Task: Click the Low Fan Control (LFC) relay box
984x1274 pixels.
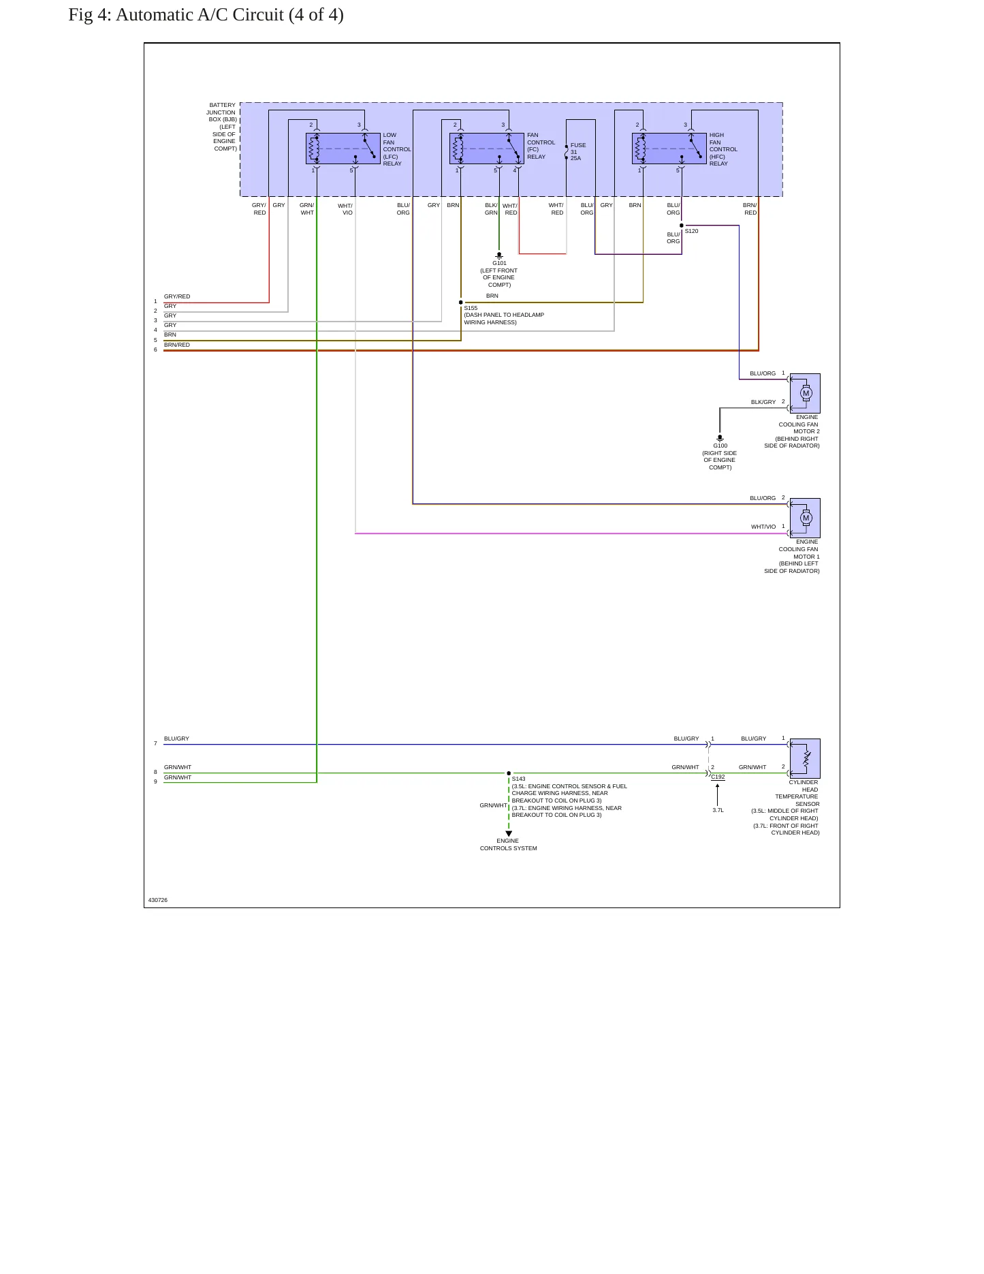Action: (x=343, y=149)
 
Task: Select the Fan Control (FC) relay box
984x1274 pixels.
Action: (x=487, y=149)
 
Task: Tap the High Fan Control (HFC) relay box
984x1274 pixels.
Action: (x=669, y=149)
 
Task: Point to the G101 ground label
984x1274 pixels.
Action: (x=499, y=263)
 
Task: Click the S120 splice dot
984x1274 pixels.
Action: (x=682, y=226)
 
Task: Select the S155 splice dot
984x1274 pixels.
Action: (x=461, y=302)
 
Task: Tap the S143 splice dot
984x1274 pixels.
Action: (x=509, y=773)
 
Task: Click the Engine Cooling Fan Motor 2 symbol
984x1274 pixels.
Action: (x=805, y=393)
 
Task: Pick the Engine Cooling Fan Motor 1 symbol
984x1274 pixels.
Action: (x=805, y=518)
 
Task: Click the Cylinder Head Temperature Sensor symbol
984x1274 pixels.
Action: (x=805, y=758)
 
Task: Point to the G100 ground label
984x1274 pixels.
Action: (x=720, y=446)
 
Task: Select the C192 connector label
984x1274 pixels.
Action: (x=718, y=777)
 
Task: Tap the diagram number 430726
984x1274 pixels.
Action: (x=158, y=900)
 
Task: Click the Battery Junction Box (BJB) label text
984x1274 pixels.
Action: (x=222, y=127)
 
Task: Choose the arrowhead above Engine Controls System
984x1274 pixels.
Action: (x=509, y=834)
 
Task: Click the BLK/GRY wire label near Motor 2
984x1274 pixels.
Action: (x=763, y=403)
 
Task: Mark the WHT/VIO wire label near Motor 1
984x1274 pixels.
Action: (x=763, y=527)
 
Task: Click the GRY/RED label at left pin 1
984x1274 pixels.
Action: (x=177, y=297)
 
